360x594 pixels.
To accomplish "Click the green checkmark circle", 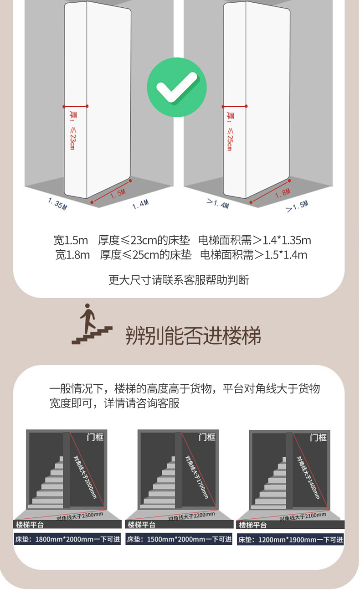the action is point(177,87).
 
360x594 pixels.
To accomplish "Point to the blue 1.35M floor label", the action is point(57,204).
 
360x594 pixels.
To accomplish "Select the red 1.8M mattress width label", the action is point(283,193).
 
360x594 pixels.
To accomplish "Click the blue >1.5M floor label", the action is point(297,206).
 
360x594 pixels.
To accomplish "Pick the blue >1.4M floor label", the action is point(218,203).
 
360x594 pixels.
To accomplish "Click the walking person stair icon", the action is point(92,324).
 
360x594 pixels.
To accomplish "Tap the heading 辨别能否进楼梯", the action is point(193,336).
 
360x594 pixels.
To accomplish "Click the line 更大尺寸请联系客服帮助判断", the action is point(179,280).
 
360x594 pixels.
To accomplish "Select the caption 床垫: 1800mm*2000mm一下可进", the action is point(67,539).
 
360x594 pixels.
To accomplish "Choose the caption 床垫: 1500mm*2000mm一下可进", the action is point(179,539).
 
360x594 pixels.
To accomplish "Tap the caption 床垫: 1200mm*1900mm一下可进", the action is point(290,539).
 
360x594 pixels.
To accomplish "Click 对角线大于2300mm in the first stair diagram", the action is point(80,517).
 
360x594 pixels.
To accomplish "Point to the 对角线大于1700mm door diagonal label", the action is point(196,477).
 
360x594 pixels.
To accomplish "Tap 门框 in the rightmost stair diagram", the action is point(318,438).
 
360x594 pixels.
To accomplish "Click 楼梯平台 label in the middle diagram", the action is point(141,525).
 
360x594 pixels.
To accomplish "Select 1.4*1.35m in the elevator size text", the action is point(287,240).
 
